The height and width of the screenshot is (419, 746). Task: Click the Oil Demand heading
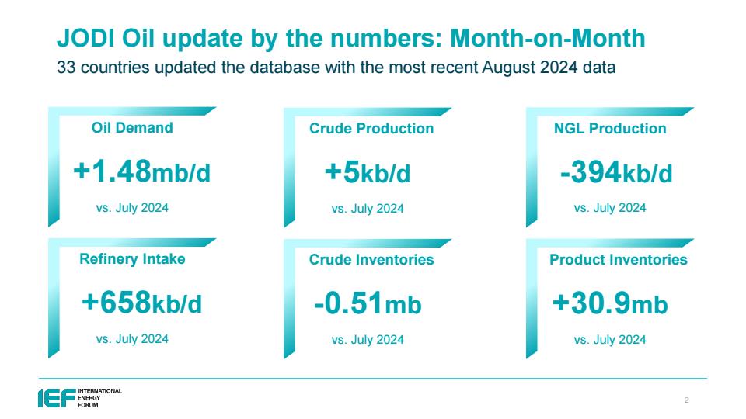[x=132, y=128]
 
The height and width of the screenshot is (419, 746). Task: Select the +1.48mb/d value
[x=141, y=171]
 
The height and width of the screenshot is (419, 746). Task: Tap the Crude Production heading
[x=371, y=128]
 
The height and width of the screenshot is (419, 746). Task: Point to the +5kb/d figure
[x=368, y=172]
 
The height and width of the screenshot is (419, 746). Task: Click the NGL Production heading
[x=610, y=128]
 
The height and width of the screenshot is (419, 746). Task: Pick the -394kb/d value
[x=616, y=172]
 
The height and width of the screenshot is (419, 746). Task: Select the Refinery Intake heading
[x=132, y=259]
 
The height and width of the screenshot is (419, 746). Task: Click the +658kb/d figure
[x=141, y=303]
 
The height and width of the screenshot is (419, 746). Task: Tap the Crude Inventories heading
[x=371, y=259]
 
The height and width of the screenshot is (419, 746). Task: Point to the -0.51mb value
[x=368, y=303]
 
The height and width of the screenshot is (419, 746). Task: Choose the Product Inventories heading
[x=619, y=259]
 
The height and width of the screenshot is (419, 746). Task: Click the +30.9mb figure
[x=610, y=303]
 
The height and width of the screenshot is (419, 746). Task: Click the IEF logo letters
[x=57, y=398]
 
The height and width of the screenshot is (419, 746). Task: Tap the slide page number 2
[x=686, y=400]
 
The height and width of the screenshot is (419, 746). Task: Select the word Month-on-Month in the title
[x=548, y=39]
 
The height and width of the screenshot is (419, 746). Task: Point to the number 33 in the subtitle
[x=66, y=68]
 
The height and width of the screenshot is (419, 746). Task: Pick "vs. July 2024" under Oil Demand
[x=132, y=208]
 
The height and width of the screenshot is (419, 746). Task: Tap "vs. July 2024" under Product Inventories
[x=610, y=340]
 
